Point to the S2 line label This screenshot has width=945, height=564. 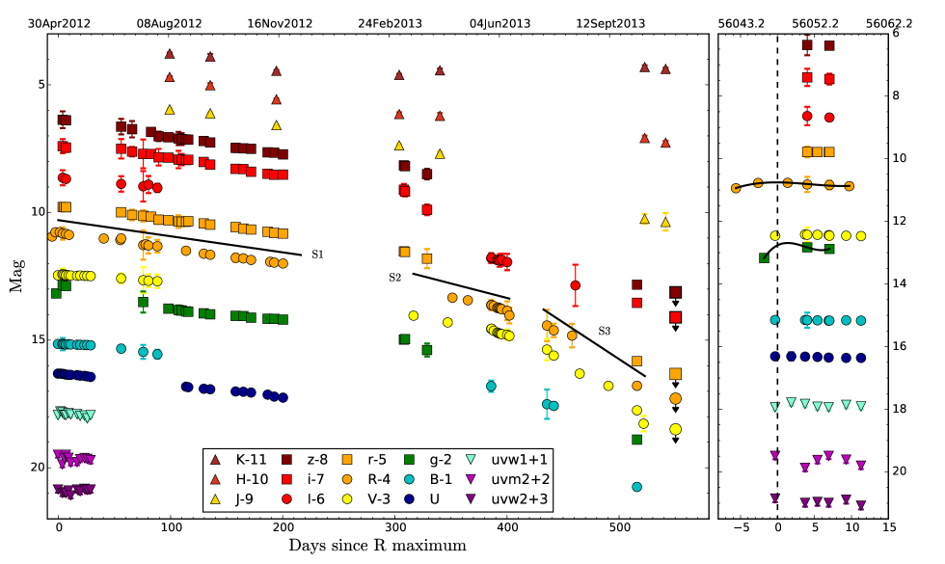(x=393, y=278)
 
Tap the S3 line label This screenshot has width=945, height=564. (x=605, y=331)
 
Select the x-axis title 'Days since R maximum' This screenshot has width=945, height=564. (x=377, y=547)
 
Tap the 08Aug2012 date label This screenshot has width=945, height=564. (x=170, y=20)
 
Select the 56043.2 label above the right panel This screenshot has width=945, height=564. (x=741, y=20)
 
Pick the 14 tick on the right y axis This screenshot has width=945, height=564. (x=898, y=283)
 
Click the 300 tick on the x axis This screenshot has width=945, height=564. (x=394, y=529)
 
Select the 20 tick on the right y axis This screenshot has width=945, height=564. (x=898, y=471)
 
